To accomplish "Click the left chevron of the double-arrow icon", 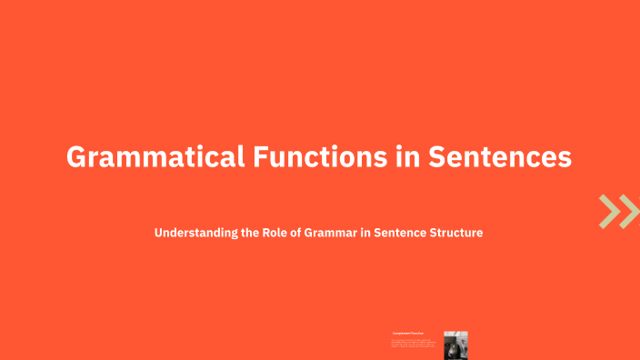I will point(610,211).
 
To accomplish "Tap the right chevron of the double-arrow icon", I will point(629,211).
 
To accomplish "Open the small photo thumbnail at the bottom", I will point(455,344).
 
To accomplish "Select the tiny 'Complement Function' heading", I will point(408,335).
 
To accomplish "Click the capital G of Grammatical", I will point(77,156).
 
